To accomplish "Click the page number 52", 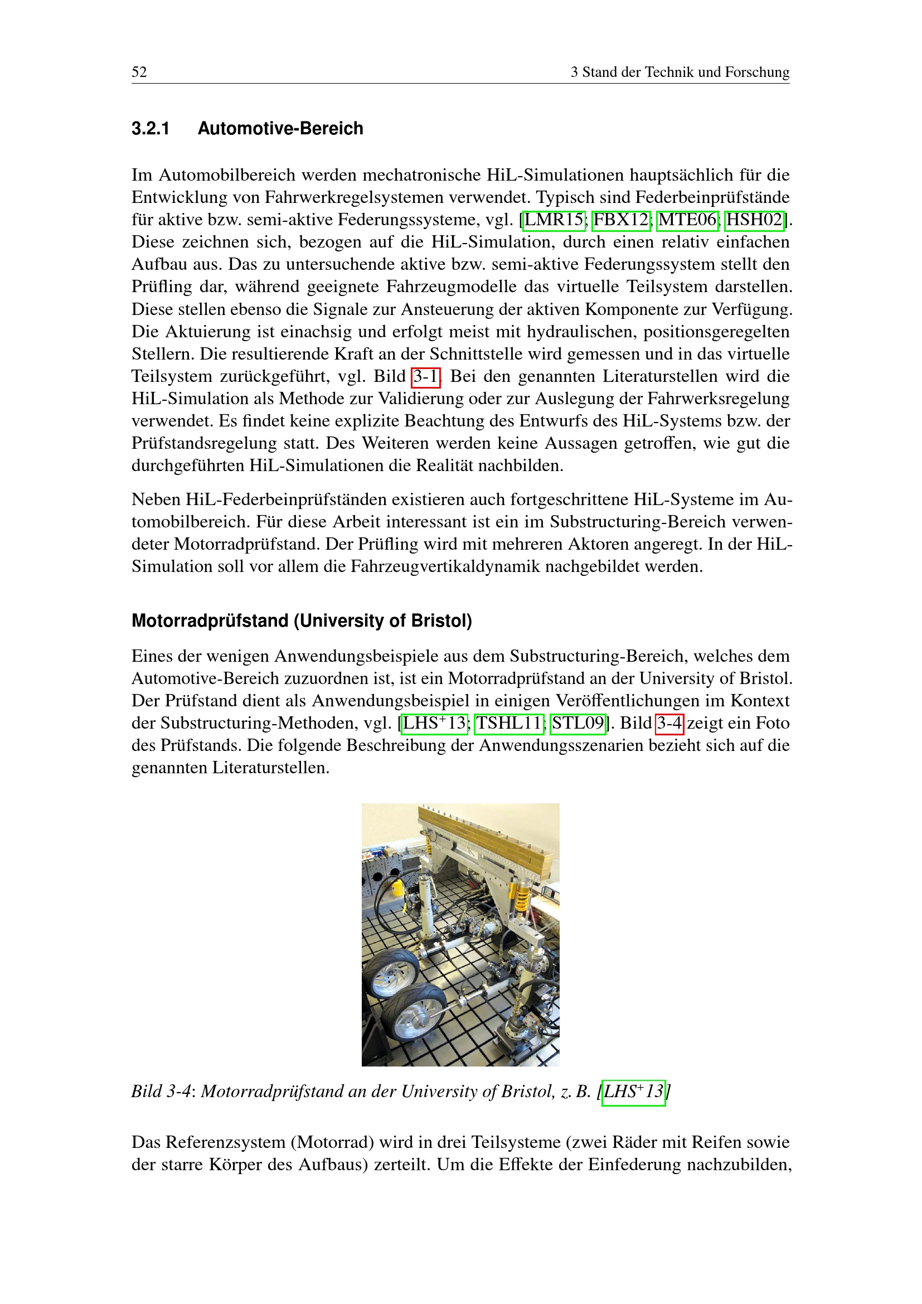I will pyautogui.click(x=139, y=72).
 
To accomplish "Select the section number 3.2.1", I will pyautogui.click(x=151, y=129).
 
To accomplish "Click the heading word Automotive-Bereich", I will pyautogui.click(x=280, y=129).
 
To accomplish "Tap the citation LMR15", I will pyautogui.click(x=554, y=220).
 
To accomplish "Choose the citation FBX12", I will pyautogui.click(x=621, y=220).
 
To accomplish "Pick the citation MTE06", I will pyautogui.click(x=687, y=220).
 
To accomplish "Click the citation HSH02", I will pyautogui.click(x=755, y=220).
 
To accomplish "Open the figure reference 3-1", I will pyautogui.click(x=425, y=376).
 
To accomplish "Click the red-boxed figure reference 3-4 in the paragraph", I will pyautogui.click(x=669, y=723).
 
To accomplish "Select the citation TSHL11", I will pyautogui.click(x=509, y=723).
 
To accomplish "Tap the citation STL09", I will pyautogui.click(x=578, y=723).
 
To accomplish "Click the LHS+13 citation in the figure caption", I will pyautogui.click(x=633, y=1092).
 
